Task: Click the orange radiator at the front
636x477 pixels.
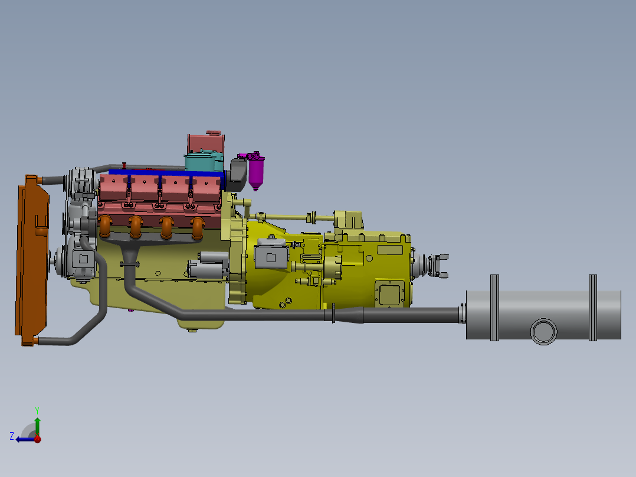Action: (x=32, y=260)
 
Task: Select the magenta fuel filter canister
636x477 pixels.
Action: (x=255, y=172)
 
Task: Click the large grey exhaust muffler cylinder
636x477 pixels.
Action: (x=543, y=315)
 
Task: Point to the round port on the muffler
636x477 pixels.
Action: (x=543, y=331)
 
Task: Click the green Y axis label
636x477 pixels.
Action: (x=37, y=410)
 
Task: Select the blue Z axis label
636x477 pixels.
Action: (x=12, y=436)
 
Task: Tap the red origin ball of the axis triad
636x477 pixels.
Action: (x=37, y=439)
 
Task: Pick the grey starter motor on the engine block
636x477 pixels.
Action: (x=208, y=265)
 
